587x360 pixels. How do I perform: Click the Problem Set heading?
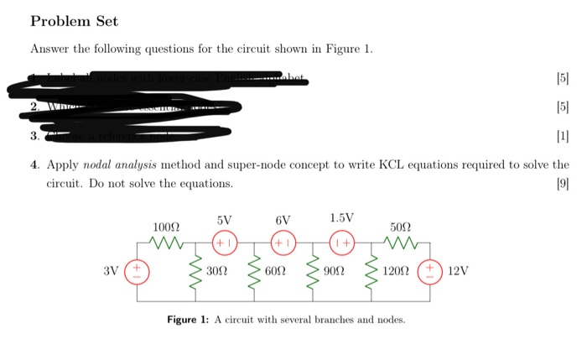point(74,20)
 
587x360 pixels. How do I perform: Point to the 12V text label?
point(459,272)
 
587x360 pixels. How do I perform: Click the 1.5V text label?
point(341,218)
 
